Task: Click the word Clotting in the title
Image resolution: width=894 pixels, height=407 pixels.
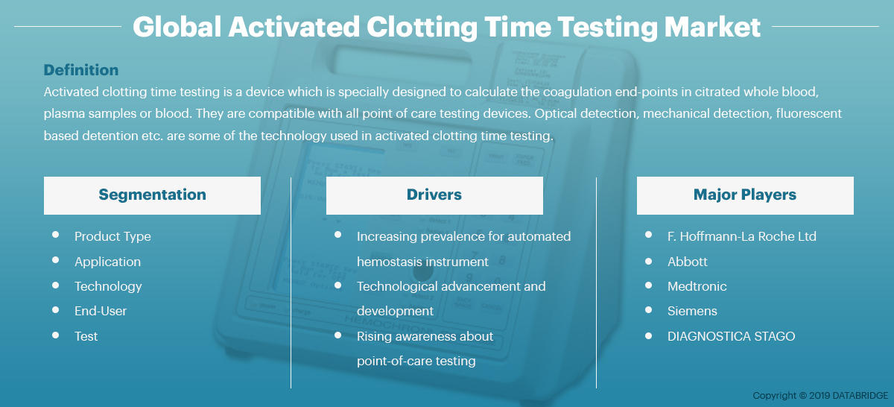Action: [x=422, y=27]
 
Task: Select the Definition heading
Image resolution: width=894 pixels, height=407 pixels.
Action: [x=81, y=70]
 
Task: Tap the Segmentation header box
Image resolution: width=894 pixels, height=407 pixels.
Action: [x=152, y=195]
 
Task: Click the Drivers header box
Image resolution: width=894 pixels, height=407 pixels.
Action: [x=434, y=195]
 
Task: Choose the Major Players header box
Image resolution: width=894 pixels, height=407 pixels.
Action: [x=745, y=195]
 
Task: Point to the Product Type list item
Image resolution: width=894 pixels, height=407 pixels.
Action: [x=112, y=236]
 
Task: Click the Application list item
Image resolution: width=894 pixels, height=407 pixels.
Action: [x=107, y=262]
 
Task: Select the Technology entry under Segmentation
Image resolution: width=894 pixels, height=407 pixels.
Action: [x=108, y=286]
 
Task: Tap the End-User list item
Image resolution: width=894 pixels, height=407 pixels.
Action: [x=100, y=311]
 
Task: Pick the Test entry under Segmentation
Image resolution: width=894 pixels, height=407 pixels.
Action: [x=86, y=336]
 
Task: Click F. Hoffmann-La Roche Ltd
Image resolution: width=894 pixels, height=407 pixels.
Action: [x=741, y=236]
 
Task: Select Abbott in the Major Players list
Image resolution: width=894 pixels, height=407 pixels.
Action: [x=687, y=262]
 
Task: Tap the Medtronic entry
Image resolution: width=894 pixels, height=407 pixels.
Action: [x=697, y=286]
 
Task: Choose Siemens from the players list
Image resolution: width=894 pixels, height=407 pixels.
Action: [x=692, y=311]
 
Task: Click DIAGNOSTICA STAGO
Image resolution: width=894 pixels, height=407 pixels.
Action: [x=731, y=336]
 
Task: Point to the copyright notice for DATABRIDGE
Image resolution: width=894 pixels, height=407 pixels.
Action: [x=820, y=395]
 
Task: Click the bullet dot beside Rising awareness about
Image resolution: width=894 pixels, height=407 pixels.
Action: [x=337, y=335]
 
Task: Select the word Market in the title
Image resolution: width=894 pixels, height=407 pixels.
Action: [x=712, y=27]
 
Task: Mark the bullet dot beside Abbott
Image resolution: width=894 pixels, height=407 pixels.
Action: [x=649, y=261]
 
